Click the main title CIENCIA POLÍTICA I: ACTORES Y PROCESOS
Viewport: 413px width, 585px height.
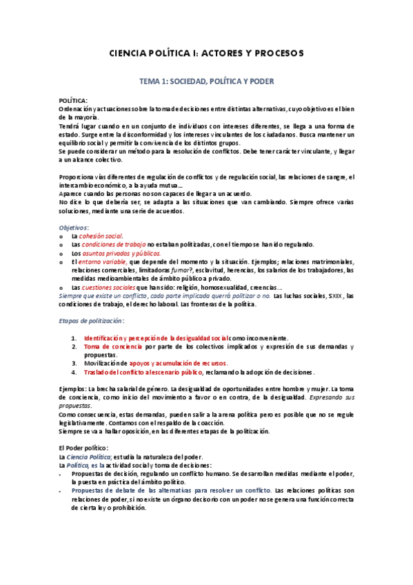207,53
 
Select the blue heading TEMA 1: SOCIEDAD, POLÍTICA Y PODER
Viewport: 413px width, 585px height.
207,81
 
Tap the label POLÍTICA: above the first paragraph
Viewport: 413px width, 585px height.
74,101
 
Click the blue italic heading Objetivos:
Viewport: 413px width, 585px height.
74,227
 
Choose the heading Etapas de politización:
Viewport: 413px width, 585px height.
91,321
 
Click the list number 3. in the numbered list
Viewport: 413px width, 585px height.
74,362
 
